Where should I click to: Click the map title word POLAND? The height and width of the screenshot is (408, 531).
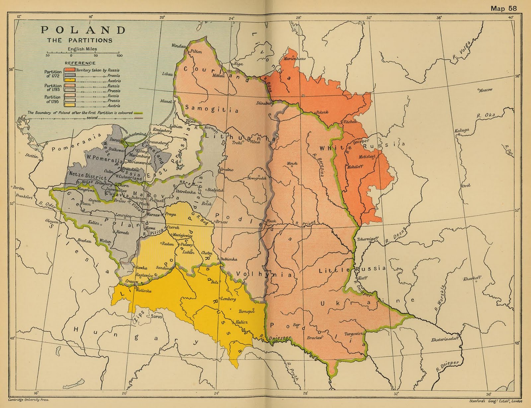pyautogui.click(x=83, y=30)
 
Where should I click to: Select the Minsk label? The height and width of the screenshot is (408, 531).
pyautogui.click(x=292, y=163)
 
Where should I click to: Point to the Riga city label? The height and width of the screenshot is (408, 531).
pyautogui.click(x=238, y=64)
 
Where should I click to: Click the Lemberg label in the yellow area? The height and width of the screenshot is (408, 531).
pyautogui.click(x=228, y=299)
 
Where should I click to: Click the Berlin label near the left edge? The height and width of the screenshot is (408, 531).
pyautogui.click(x=19, y=188)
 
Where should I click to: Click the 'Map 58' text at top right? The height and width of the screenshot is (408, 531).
pyautogui.click(x=503, y=8)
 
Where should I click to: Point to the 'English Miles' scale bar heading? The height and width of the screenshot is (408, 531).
pyautogui.click(x=82, y=49)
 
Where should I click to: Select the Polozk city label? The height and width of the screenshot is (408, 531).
pyautogui.click(x=322, y=112)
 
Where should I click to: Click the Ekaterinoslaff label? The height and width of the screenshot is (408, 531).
pyautogui.click(x=445, y=339)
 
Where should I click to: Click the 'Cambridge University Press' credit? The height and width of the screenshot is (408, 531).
pyautogui.click(x=29, y=400)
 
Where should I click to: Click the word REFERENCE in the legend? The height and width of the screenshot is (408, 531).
pyautogui.click(x=80, y=63)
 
